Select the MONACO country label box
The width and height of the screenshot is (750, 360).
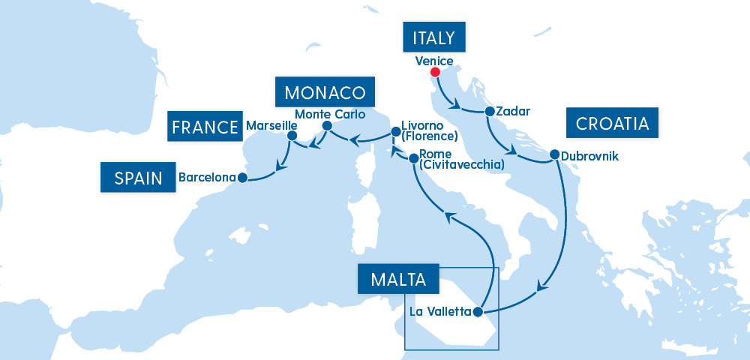click(325, 92)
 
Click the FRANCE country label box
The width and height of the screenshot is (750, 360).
click(204, 127)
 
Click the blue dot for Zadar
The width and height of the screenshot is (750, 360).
click(490, 112)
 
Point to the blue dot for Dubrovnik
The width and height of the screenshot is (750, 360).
click(554, 155)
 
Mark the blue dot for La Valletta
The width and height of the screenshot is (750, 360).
click(478, 312)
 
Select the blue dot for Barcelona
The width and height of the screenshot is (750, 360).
click(242, 178)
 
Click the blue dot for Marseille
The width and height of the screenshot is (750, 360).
click(292, 136)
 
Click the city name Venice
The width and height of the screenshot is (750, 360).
click(434, 61)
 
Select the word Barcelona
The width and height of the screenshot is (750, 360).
click(207, 178)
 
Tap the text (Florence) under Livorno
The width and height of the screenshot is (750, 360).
click(429, 136)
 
